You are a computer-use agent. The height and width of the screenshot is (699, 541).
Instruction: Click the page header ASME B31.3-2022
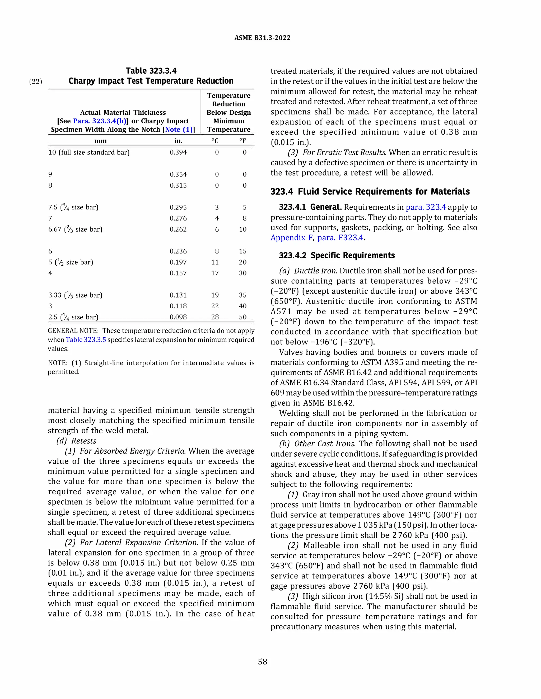[x=262, y=38]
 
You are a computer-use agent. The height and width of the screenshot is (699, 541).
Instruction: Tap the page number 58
[x=262, y=662]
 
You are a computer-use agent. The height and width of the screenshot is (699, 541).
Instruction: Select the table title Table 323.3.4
[x=151, y=71]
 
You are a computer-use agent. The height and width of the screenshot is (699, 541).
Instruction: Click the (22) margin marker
[x=36, y=81]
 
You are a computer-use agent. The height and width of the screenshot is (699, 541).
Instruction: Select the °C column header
[x=215, y=141]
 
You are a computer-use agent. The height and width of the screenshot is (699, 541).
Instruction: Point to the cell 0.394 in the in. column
[x=178, y=152]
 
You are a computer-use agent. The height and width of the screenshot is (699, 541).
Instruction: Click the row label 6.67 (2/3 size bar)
[x=75, y=229]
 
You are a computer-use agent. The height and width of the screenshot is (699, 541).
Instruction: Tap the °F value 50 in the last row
[x=242, y=317]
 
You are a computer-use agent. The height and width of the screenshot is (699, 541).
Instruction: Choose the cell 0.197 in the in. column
[x=178, y=262]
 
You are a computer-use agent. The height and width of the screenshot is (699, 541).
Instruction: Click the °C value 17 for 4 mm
[x=215, y=273]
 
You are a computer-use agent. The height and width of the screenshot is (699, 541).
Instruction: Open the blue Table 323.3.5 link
[x=86, y=339]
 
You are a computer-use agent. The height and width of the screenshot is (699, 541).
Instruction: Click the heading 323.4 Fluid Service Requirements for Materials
[x=370, y=191]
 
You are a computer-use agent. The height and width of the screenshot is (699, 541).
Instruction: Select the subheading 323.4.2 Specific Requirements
[x=337, y=255]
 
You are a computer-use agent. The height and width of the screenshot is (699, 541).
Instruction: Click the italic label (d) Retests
[x=76, y=441]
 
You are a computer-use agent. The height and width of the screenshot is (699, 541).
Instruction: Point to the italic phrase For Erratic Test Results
[x=344, y=152]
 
